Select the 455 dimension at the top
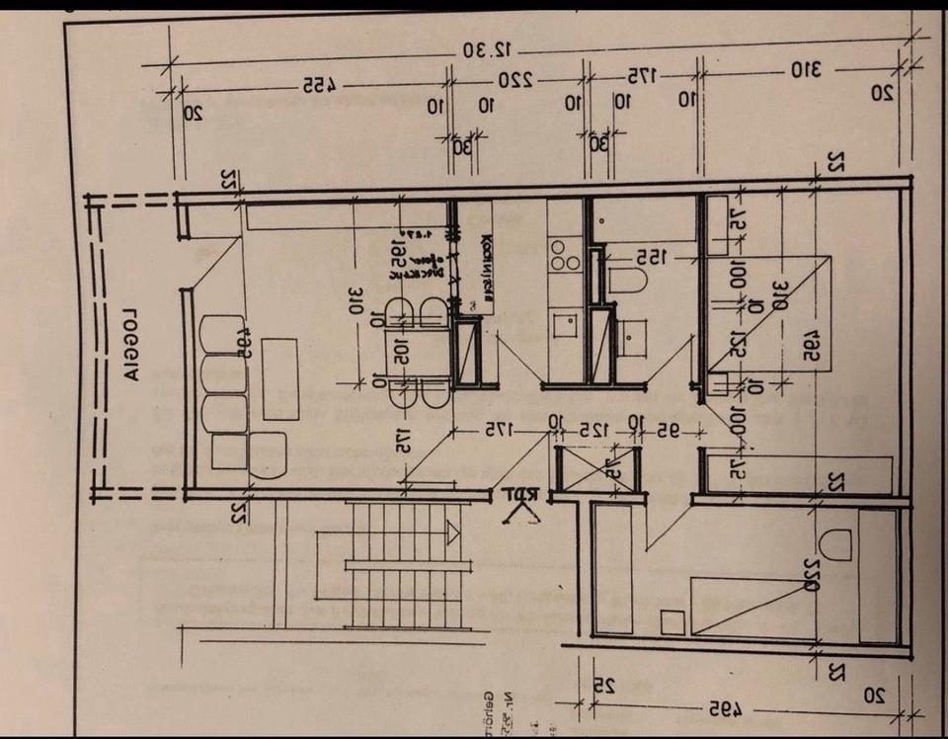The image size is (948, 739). [x=315, y=85]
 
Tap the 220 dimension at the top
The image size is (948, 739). [x=514, y=78]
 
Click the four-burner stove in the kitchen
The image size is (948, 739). [x=565, y=254]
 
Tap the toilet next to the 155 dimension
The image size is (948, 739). [x=628, y=280]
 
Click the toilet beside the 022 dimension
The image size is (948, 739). [x=835, y=544]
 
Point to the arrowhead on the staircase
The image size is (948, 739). [x=452, y=533]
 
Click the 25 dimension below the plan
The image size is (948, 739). [x=602, y=684]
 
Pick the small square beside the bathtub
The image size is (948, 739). [x=673, y=622]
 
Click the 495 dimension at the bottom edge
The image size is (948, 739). [x=726, y=708]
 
